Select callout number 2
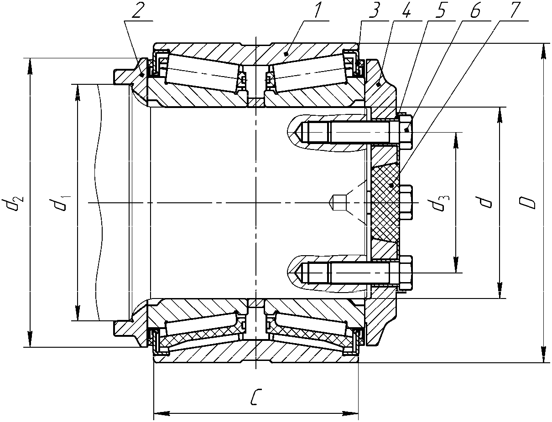[136, 10]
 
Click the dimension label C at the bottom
[256, 397]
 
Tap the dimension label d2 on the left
[13, 202]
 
